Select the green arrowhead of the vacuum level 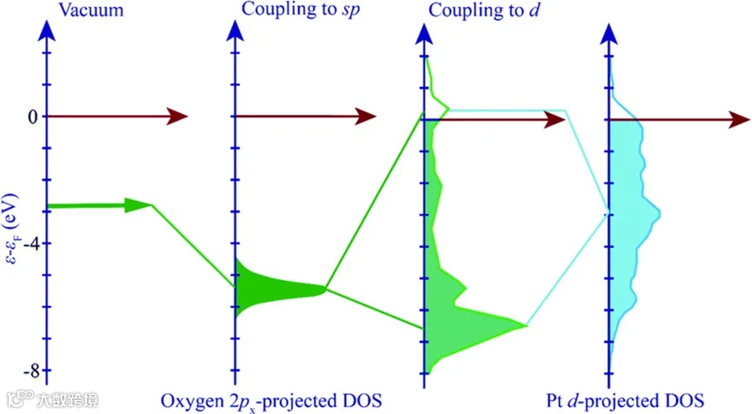[137, 205]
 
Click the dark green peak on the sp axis [261, 288]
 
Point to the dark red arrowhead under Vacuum [177, 117]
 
